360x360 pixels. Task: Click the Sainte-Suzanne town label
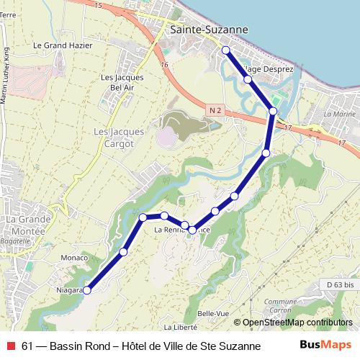coord(209,30)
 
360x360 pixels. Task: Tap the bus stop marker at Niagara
coord(87,290)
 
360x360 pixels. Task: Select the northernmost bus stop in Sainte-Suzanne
coord(225,50)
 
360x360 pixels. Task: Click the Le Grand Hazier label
coord(63,45)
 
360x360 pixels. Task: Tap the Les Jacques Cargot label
coord(119,137)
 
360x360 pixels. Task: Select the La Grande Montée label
coord(25,224)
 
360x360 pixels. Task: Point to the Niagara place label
coord(67,291)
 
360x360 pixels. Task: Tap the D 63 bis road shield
coord(340,285)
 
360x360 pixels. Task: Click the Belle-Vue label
coord(212,314)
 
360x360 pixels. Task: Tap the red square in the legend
coord(9,346)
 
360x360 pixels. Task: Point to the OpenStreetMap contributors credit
coord(297,323)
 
